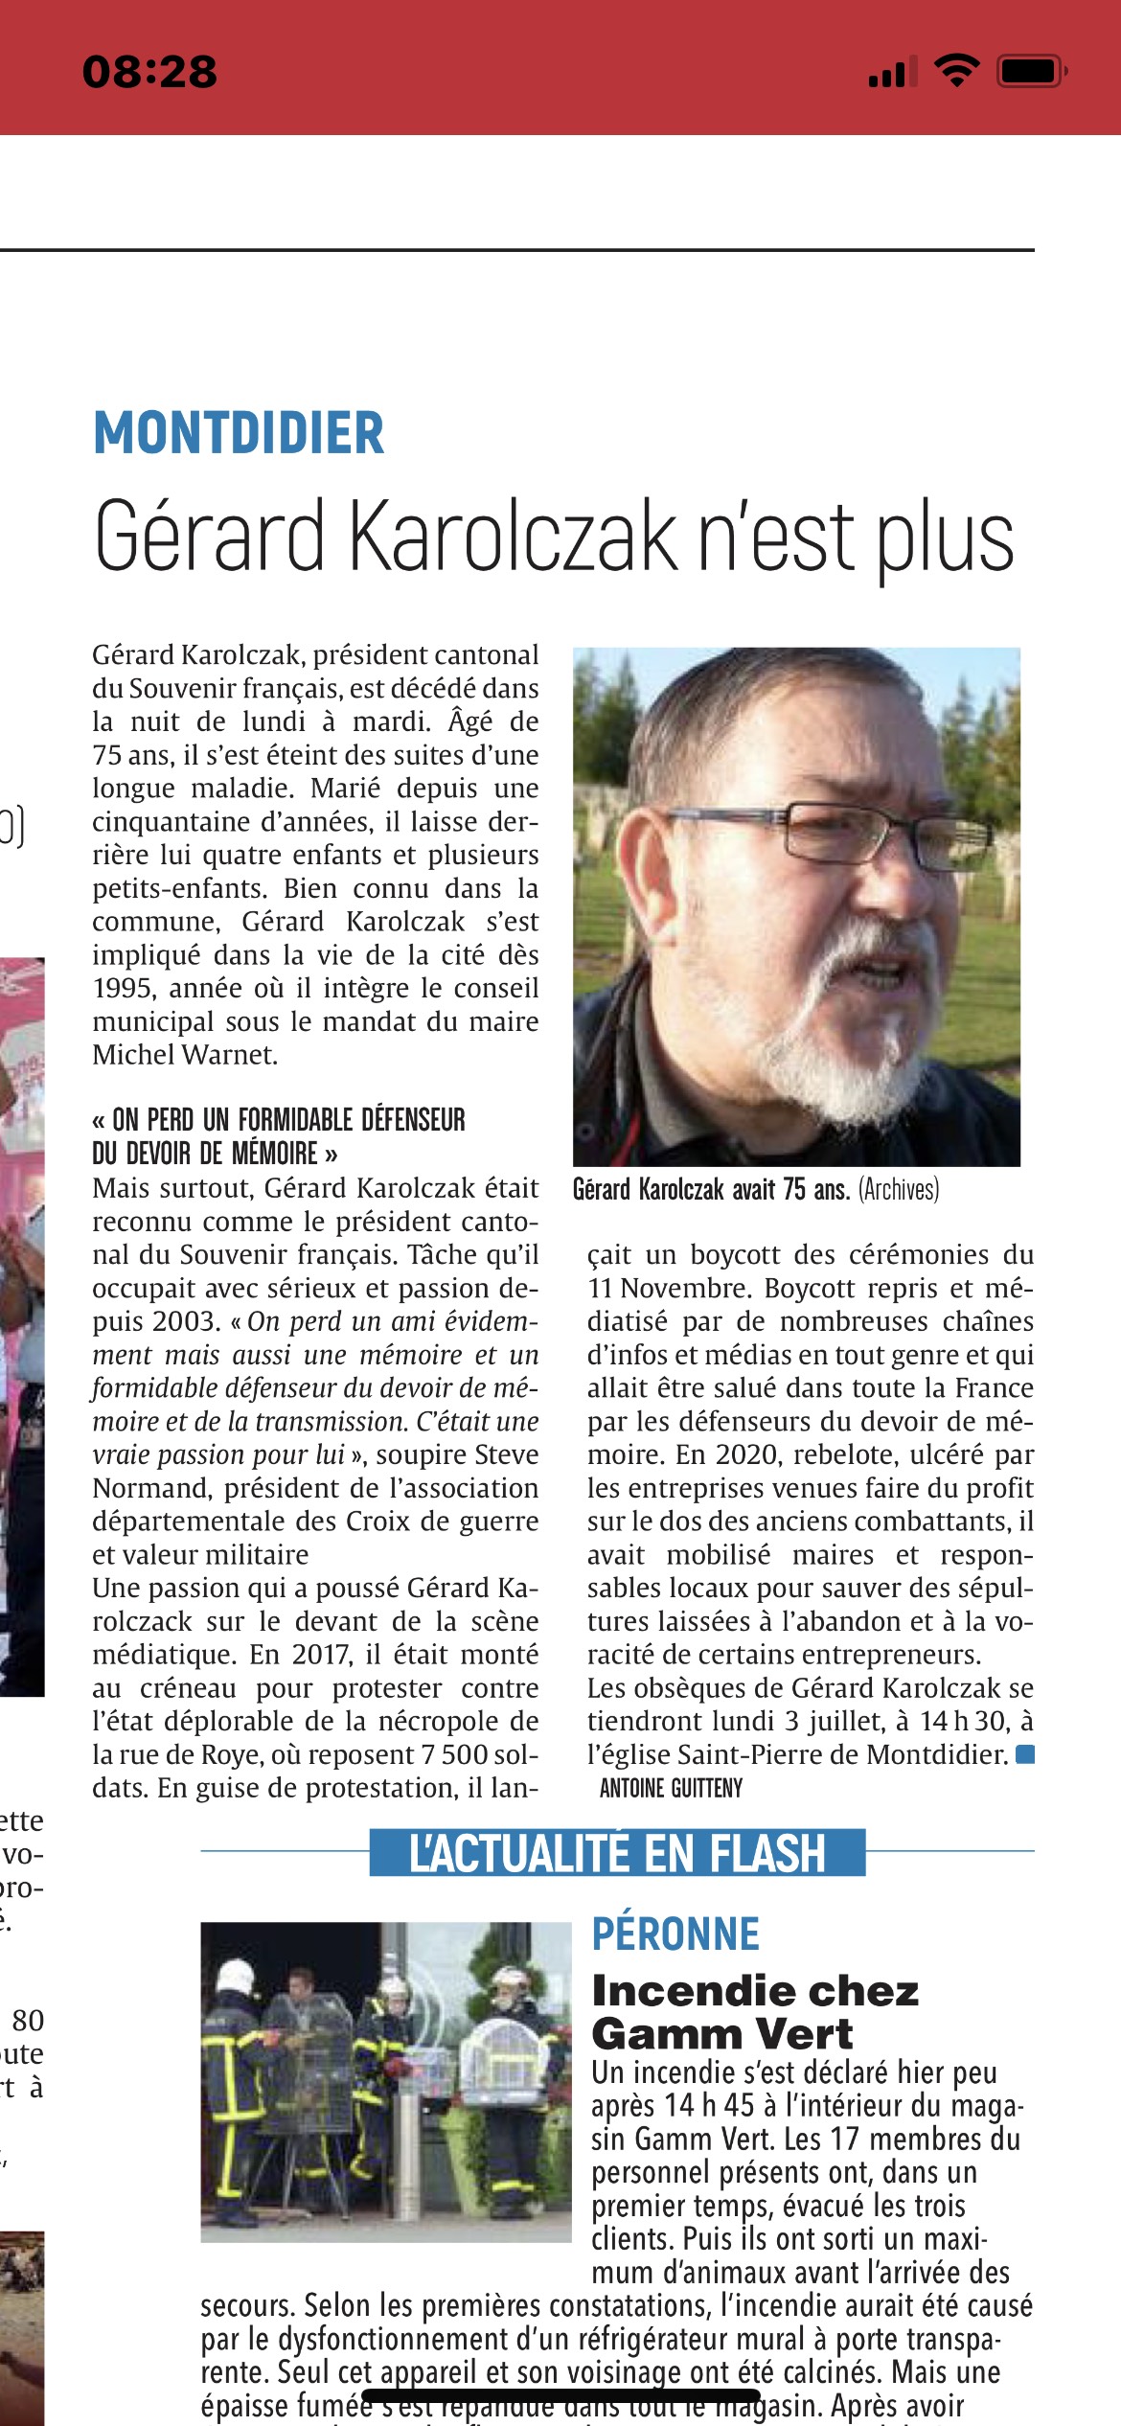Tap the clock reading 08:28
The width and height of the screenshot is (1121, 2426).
150,73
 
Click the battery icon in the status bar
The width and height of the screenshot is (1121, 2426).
1030,72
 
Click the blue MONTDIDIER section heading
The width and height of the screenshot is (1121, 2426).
239,433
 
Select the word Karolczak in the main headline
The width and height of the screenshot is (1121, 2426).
513,537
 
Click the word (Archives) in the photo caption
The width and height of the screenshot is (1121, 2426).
899,1190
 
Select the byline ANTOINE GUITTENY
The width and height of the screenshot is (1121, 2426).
671,1788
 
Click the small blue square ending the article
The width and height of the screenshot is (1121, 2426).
1024,1754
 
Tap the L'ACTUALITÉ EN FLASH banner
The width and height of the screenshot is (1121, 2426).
617,1853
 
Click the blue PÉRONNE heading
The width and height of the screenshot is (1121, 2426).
675,1934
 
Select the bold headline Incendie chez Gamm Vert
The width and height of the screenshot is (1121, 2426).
754,2012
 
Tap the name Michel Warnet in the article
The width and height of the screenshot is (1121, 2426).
185,1055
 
